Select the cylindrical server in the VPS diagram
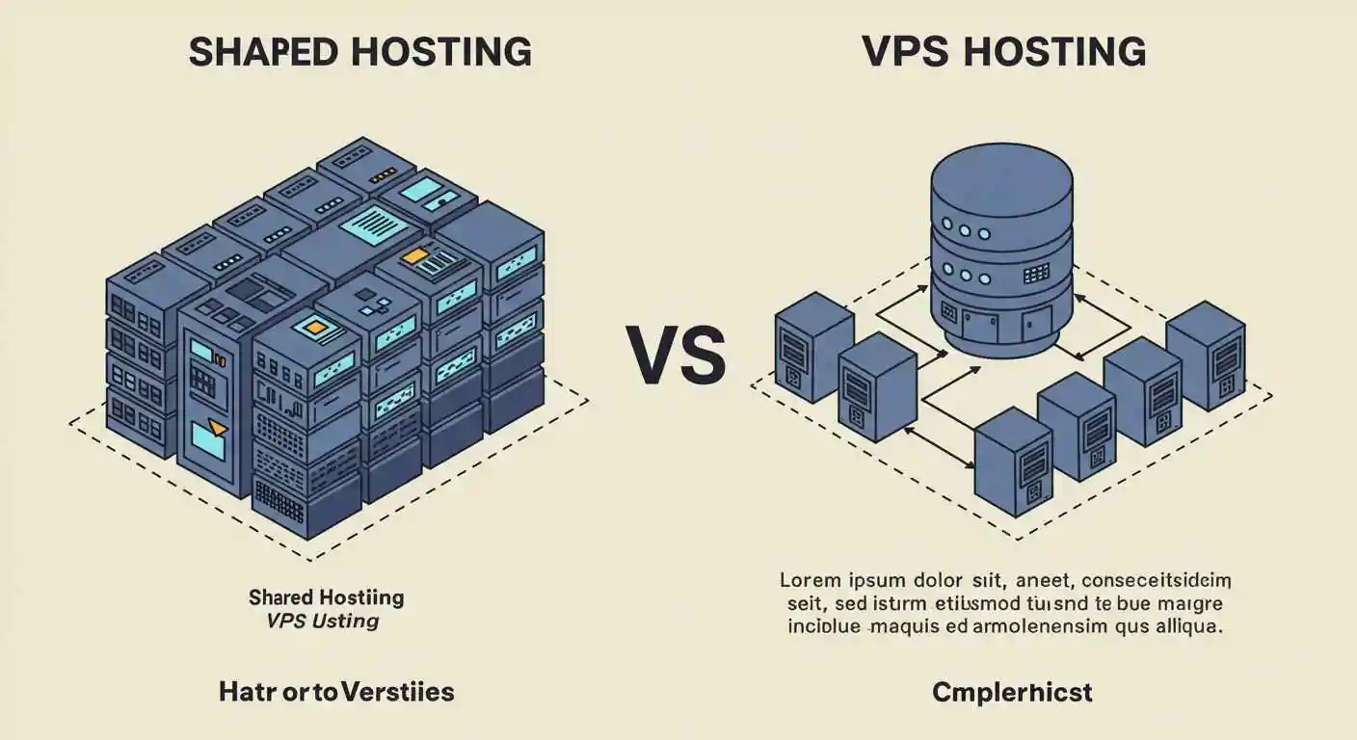tap(1001, 255)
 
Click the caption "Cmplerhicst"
tap(1012, 692)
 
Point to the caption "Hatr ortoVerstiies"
tap(336, 691)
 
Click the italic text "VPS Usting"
tap(322, 621)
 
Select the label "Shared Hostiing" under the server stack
tap(326, 597)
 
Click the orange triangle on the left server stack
tap(219, 427)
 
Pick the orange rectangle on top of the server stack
tap(414, 255)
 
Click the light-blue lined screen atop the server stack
tap(374, 224)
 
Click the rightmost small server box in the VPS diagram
tap(1204, 354)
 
